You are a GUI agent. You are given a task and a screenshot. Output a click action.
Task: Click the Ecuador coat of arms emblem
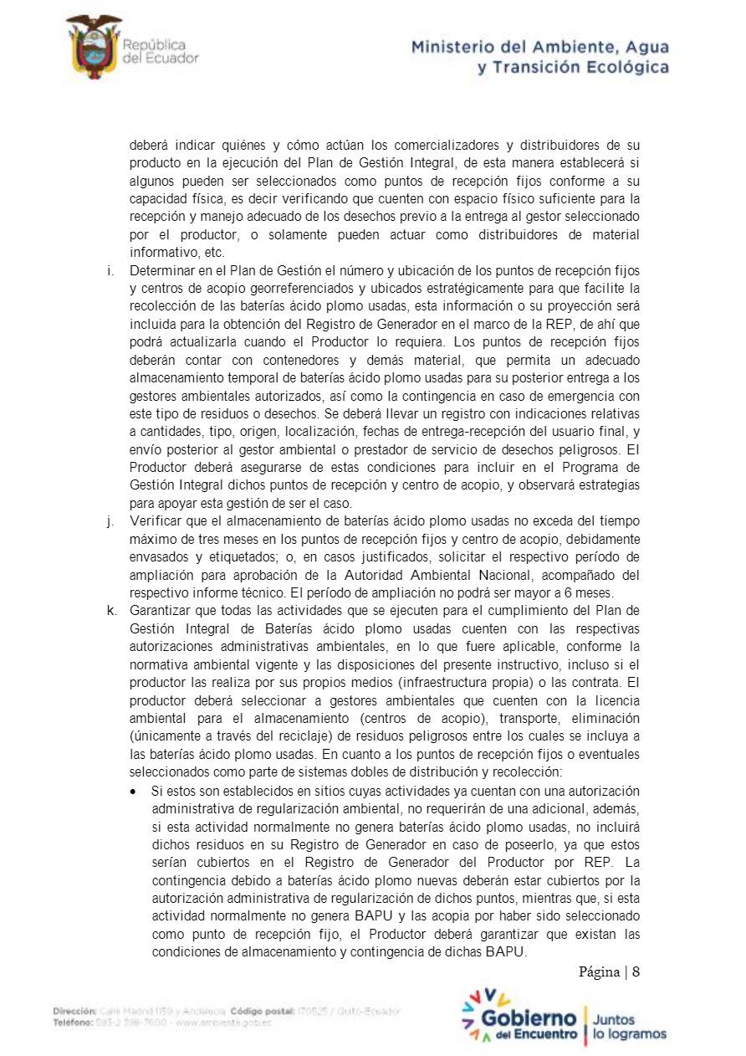[94, 48]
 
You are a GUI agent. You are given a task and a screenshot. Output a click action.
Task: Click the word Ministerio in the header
[455, 47]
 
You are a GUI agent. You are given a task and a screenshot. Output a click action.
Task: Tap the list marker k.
[111, 609]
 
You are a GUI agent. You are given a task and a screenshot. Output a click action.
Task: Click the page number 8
[636, 972]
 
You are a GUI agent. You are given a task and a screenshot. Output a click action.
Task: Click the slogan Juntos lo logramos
[630, 1027]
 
